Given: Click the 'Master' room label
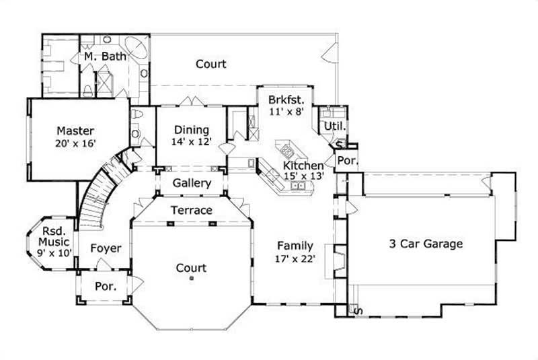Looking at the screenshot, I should pos(75,130).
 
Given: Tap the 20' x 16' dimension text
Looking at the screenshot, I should pos(75,143).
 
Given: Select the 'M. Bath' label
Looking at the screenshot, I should pos(106,57).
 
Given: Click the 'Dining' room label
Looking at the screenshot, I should pos(191,130).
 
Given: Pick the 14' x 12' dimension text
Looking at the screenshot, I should pos(191,142).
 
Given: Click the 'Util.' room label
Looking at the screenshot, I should pos(334,126).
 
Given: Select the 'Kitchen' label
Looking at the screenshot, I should pos(303,165).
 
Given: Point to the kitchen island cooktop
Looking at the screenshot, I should pos(290,148).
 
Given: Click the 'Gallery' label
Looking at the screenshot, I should pos(192,183).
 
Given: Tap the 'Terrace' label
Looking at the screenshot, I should pos(192,210).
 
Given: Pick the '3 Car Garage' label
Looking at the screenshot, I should pos(426,244).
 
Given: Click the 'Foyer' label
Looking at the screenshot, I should pos(106,248).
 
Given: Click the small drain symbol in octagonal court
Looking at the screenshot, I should pos(192,277).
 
